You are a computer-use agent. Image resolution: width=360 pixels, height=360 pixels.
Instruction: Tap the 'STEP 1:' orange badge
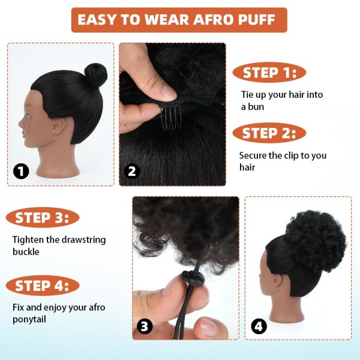(269, 73)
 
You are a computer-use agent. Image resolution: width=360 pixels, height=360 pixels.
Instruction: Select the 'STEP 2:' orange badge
(269, 133)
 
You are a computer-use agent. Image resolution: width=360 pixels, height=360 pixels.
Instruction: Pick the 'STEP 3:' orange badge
(43, 217)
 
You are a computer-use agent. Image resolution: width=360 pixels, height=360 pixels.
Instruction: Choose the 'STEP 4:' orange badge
(43, 286)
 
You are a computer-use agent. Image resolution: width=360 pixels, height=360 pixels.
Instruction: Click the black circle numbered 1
(22, 172)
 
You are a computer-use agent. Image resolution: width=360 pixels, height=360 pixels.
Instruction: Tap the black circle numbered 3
(145, 326)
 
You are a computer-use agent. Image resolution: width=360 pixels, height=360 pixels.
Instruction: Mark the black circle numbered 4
(259, 326)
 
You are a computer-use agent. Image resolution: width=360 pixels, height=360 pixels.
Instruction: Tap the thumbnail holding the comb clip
(166, 92)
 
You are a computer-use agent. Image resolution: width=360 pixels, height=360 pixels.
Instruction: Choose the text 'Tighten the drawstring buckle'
(59, 245)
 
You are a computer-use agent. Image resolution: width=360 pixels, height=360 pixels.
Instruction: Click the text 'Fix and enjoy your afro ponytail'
(59, 313)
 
